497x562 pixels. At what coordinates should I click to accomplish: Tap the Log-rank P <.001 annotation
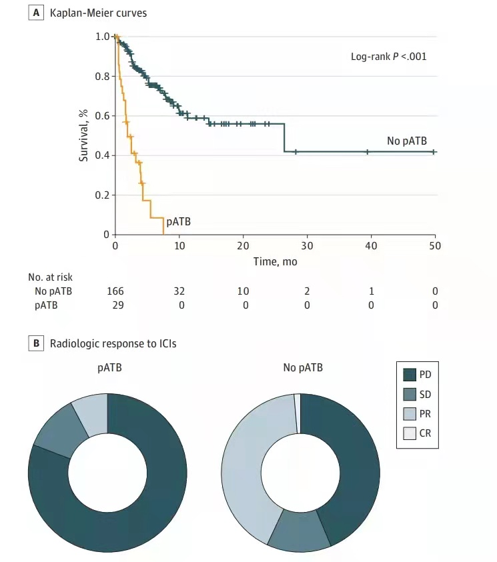[x=388, y=57]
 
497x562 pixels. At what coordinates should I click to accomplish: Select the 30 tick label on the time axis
[x=307, y=246]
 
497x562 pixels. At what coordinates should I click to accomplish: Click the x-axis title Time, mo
[x=275, y=262]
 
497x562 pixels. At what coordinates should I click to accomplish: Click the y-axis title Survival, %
[x=84, y=136]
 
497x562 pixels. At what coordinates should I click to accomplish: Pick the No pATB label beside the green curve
[x=406, y=141]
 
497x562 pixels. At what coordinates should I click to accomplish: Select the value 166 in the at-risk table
[x=116, y=291]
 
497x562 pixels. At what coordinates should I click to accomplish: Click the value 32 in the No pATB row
[x=179, y=291]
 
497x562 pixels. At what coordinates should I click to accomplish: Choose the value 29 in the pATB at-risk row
[x=116, y=305]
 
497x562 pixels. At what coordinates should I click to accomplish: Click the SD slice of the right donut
[x=298, y=530]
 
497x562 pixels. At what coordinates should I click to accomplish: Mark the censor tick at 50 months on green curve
[x=434, y=152]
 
